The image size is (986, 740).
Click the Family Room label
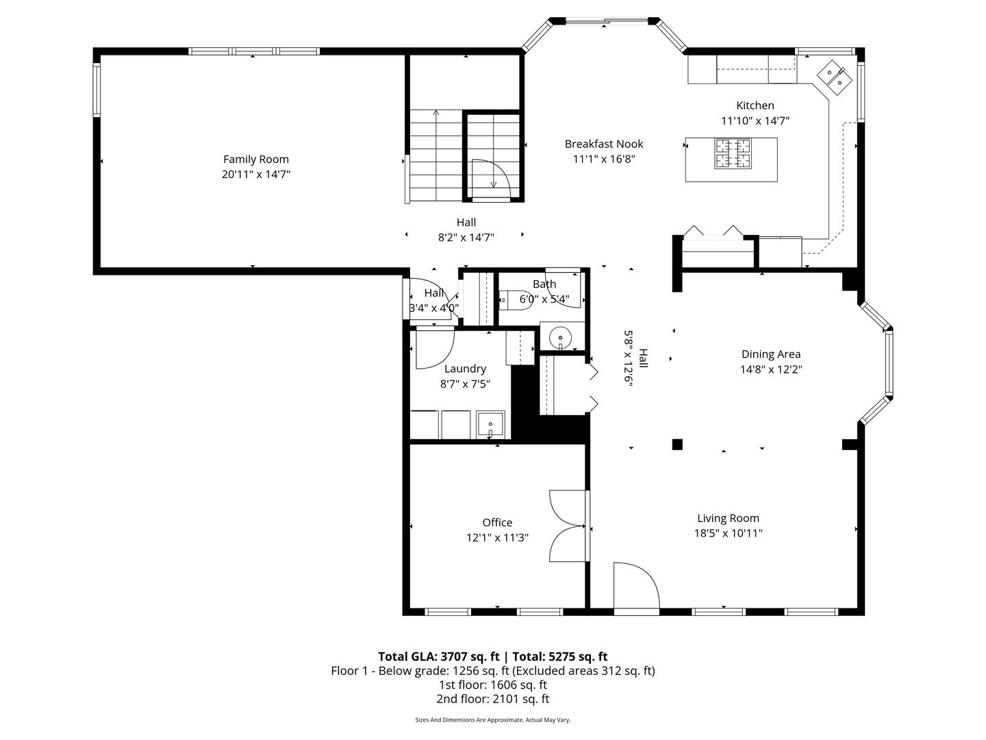(256, 160)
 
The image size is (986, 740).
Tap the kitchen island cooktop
(733, 153)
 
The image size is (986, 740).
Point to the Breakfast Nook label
(603, 144)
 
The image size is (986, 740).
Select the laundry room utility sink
(490, 424)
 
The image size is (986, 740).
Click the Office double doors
(567, 526)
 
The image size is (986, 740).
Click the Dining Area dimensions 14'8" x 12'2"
(770, 369)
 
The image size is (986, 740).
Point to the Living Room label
(728, 519)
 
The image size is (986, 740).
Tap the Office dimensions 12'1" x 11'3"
(497, 538)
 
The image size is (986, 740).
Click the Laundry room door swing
(433, 346)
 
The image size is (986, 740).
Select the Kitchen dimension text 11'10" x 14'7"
(755, 121)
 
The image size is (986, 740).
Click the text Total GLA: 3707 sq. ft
(439, 656)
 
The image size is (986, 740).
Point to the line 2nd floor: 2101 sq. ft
(492, 699)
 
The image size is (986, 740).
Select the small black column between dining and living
(677, 444)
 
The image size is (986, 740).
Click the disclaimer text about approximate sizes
(492, 720)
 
